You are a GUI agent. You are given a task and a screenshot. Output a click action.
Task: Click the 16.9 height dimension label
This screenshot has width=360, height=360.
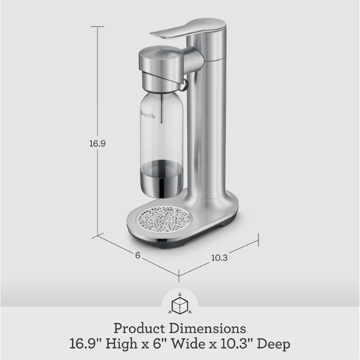97,143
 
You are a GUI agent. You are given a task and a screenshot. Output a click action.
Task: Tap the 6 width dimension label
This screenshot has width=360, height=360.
137,256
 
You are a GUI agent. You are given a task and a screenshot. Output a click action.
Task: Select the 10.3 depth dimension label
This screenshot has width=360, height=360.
219,258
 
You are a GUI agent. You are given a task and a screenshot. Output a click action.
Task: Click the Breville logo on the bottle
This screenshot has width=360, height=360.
148,114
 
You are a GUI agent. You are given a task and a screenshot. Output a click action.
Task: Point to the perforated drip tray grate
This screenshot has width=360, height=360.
164,219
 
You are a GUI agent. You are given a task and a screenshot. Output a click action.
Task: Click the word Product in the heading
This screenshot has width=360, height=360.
140,329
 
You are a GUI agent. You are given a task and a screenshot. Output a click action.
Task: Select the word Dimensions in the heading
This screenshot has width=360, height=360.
208,328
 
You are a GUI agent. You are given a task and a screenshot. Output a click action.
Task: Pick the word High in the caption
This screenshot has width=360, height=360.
122,344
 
